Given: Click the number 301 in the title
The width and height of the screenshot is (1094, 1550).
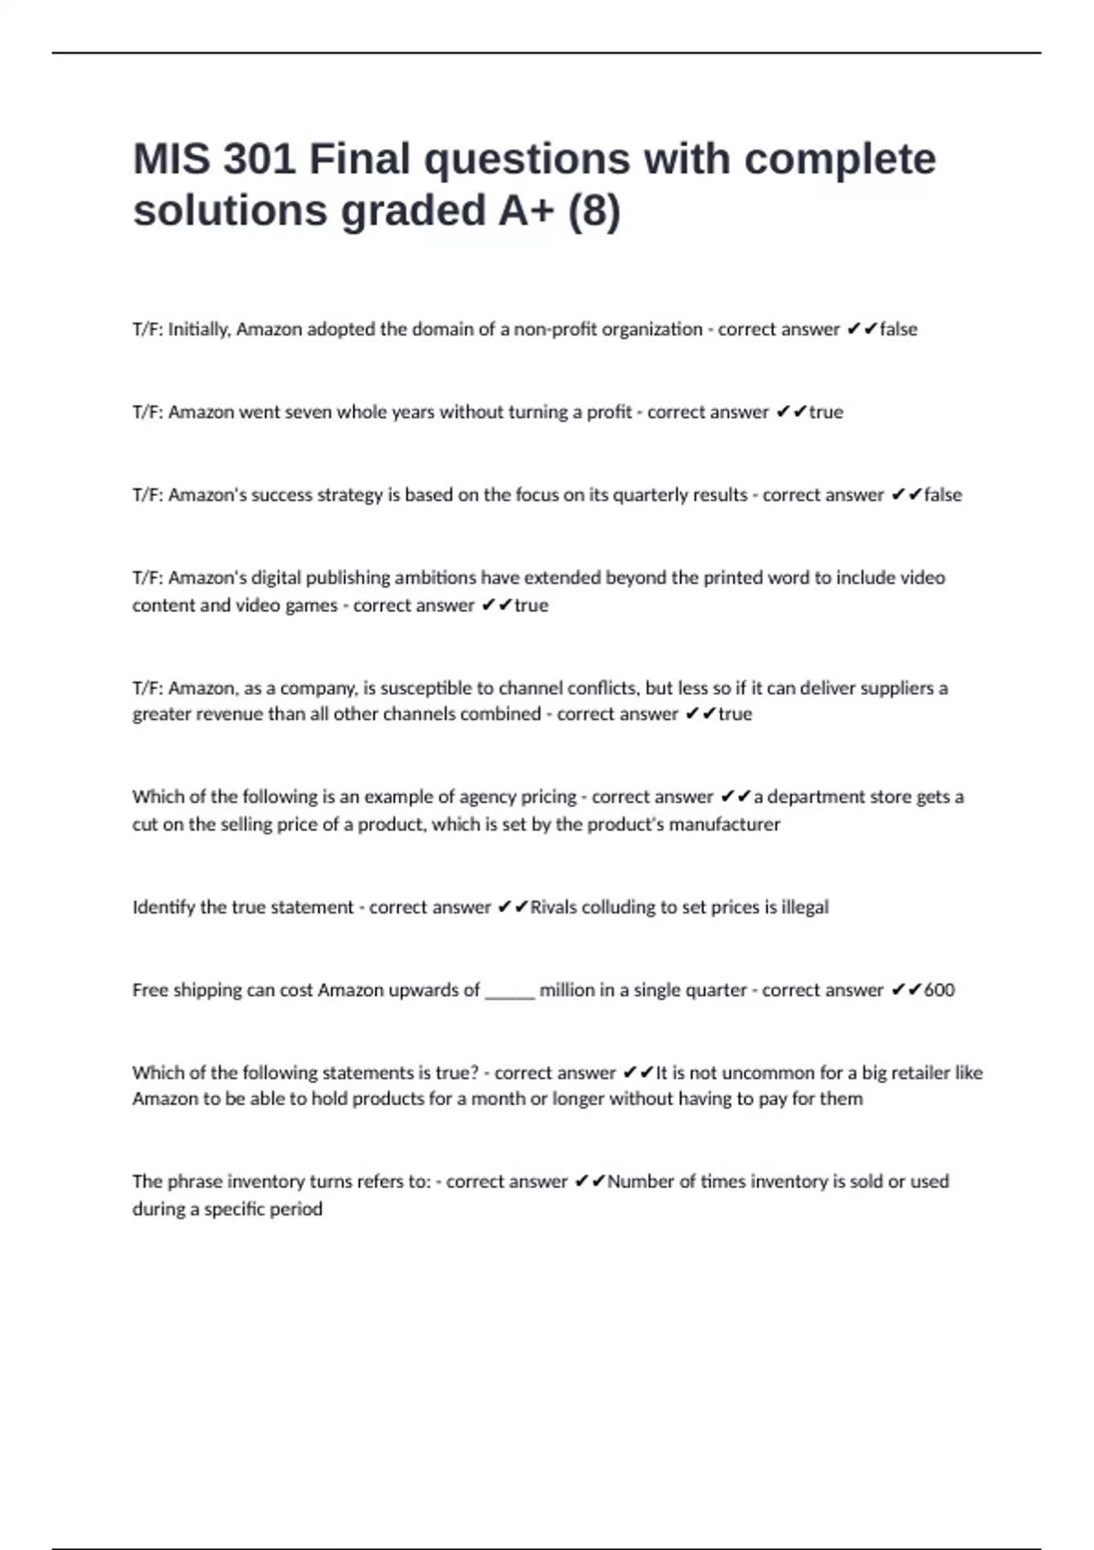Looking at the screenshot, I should (x=259, y=159).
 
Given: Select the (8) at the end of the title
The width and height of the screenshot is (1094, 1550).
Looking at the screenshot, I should (x=594, y=211).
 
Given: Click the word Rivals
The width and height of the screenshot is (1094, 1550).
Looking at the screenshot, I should (x=552, y=907).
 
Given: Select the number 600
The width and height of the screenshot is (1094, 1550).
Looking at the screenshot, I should (x=939, y=990).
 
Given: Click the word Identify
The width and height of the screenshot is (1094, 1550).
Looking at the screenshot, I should (x=163, y=907).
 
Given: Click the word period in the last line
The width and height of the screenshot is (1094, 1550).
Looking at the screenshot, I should (x=296, y=1209).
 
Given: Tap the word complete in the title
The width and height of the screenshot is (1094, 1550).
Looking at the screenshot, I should (x=840, y=159).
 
